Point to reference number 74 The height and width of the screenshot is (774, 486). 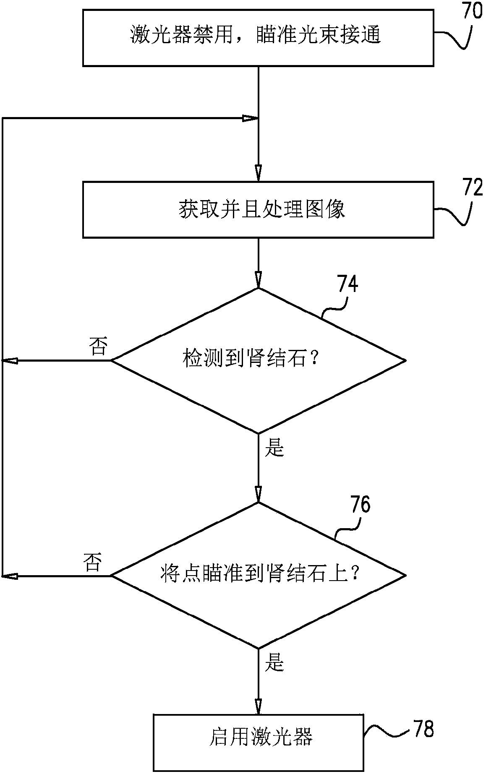point(348,284)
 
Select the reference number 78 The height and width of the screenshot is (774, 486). point(423,729)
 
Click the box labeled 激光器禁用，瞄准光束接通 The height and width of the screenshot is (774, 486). point(258,37)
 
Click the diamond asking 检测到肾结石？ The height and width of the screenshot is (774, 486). point(258,360)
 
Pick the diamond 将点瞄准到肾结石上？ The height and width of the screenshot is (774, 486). point(258,575)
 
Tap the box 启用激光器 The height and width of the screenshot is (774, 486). point(258,737)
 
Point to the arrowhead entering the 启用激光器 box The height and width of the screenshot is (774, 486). point(258,707)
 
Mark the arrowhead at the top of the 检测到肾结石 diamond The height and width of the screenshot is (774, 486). point(258,280)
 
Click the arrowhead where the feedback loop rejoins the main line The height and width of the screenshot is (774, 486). point(251,119)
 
